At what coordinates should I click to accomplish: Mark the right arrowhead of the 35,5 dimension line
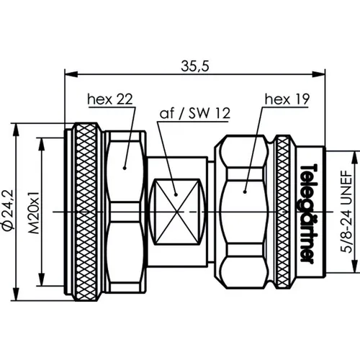coord(318,73)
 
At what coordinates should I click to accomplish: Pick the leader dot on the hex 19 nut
coord(246,191)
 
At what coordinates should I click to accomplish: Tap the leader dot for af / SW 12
coord(175,191)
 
